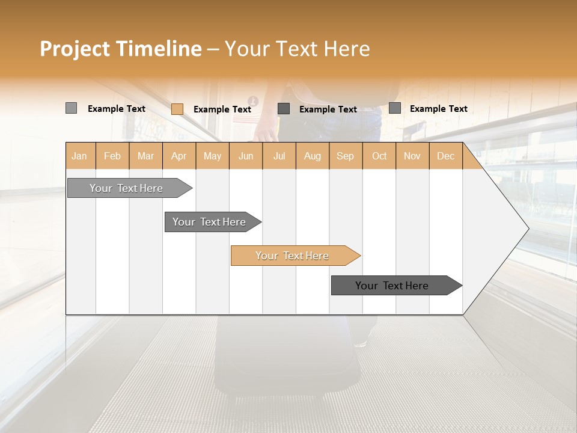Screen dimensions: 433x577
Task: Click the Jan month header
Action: tap(80, 156)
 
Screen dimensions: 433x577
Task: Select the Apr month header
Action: tap(179, 156)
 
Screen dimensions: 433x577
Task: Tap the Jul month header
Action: tap(279, 156)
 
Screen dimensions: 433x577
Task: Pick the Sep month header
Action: tap(346, 156)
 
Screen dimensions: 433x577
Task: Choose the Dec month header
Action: tap(446, 156)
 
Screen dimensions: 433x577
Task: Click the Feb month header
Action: tap(112, 156)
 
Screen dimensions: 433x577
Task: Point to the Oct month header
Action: tap(379, 156)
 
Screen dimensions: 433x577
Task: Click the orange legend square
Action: tap(177, 109)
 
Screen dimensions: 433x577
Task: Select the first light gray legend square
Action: tap(71, 108)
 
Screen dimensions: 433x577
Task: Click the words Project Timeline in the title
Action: tap(120, 49)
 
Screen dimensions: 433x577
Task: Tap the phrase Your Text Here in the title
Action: tap(297, 49)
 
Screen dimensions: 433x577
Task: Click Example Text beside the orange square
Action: tap(222, 109)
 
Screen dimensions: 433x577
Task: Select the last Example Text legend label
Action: tap(439, 109)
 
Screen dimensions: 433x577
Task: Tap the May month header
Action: tap(212, 156)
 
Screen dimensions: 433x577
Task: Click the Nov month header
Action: tap(412, 156)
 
